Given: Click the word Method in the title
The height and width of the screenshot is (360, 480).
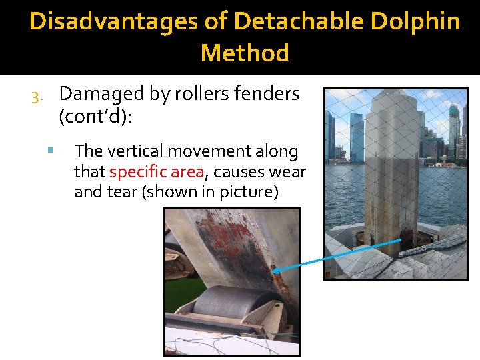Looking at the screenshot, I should [x=245, y=53].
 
